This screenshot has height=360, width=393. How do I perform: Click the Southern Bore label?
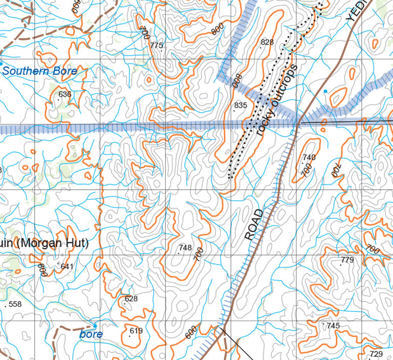tap(40, 71)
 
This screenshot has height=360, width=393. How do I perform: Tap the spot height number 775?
tap(156, 46)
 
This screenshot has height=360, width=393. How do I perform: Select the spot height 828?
tap(267, 42)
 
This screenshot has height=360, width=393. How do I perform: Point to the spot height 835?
tap(241, 106)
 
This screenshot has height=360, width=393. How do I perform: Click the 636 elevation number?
tap(65, 94)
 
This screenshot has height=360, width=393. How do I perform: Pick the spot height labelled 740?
tap(309, 157)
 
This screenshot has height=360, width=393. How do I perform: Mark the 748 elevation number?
tap(185, 248)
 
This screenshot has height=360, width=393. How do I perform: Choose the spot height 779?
tap(347, 260)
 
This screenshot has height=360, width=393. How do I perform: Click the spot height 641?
tap(67, 266)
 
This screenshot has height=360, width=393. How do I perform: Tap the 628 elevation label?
tap(131, 299)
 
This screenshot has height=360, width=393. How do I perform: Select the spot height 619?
tap(136, 331)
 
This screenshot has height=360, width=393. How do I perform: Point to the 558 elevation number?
tap(15, 304)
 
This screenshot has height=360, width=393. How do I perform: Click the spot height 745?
tap(333, 326)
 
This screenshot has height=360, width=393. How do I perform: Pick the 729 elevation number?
tap(376, 354)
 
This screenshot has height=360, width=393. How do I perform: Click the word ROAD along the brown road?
tap(255, 225)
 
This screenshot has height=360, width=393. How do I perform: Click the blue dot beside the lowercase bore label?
tap(95, 326)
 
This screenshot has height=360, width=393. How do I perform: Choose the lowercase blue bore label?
tap(91, 334)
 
